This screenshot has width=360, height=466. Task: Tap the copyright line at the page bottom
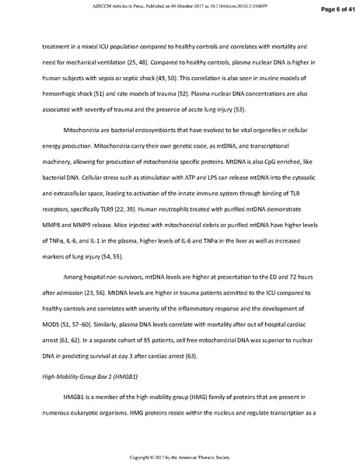tap(180, 456)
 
